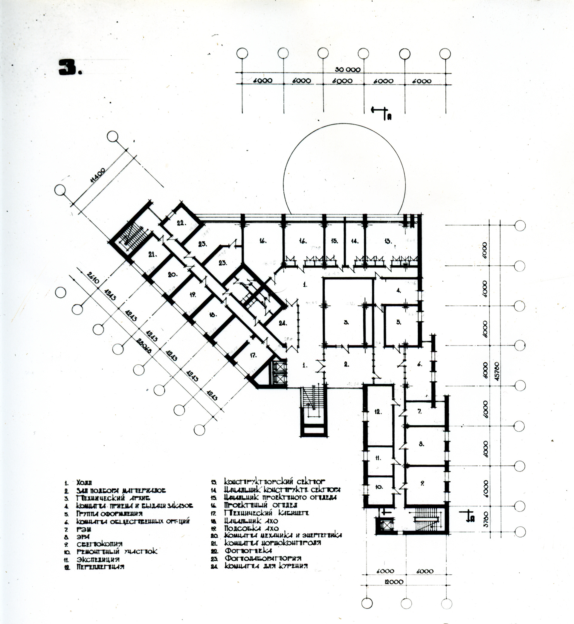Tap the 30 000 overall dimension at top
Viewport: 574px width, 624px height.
(x=348, y=70)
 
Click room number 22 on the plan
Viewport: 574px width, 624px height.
(x=181, y=223)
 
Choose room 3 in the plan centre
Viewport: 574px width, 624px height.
(x=346, y=322)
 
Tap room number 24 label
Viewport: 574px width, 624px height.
(x=282, y=323)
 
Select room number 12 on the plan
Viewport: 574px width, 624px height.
(x=378, y=412)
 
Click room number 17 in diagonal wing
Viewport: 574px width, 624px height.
(x=253, y=355)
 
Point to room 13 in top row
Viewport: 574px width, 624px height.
(x=388, y=241)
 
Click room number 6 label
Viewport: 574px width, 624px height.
(x=420, y=365)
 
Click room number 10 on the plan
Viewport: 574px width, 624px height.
(x=378, y=487)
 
